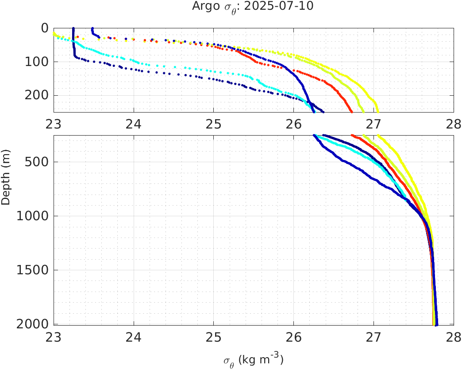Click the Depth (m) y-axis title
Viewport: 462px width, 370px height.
click(x=6, y=183)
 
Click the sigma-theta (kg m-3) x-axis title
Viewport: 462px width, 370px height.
click(x=253, y=359)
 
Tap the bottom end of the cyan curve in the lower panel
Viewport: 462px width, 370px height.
click(x=404, y=196)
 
